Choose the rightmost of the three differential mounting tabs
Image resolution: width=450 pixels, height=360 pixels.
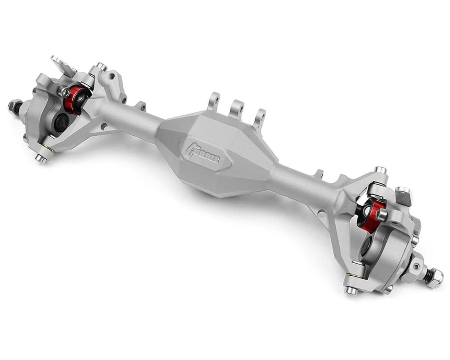(259, 117)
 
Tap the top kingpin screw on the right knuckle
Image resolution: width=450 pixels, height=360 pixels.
(381, 171)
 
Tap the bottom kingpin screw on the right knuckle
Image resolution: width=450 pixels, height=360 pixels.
(351, 289)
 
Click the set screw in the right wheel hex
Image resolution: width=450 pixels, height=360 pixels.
(415, 267)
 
